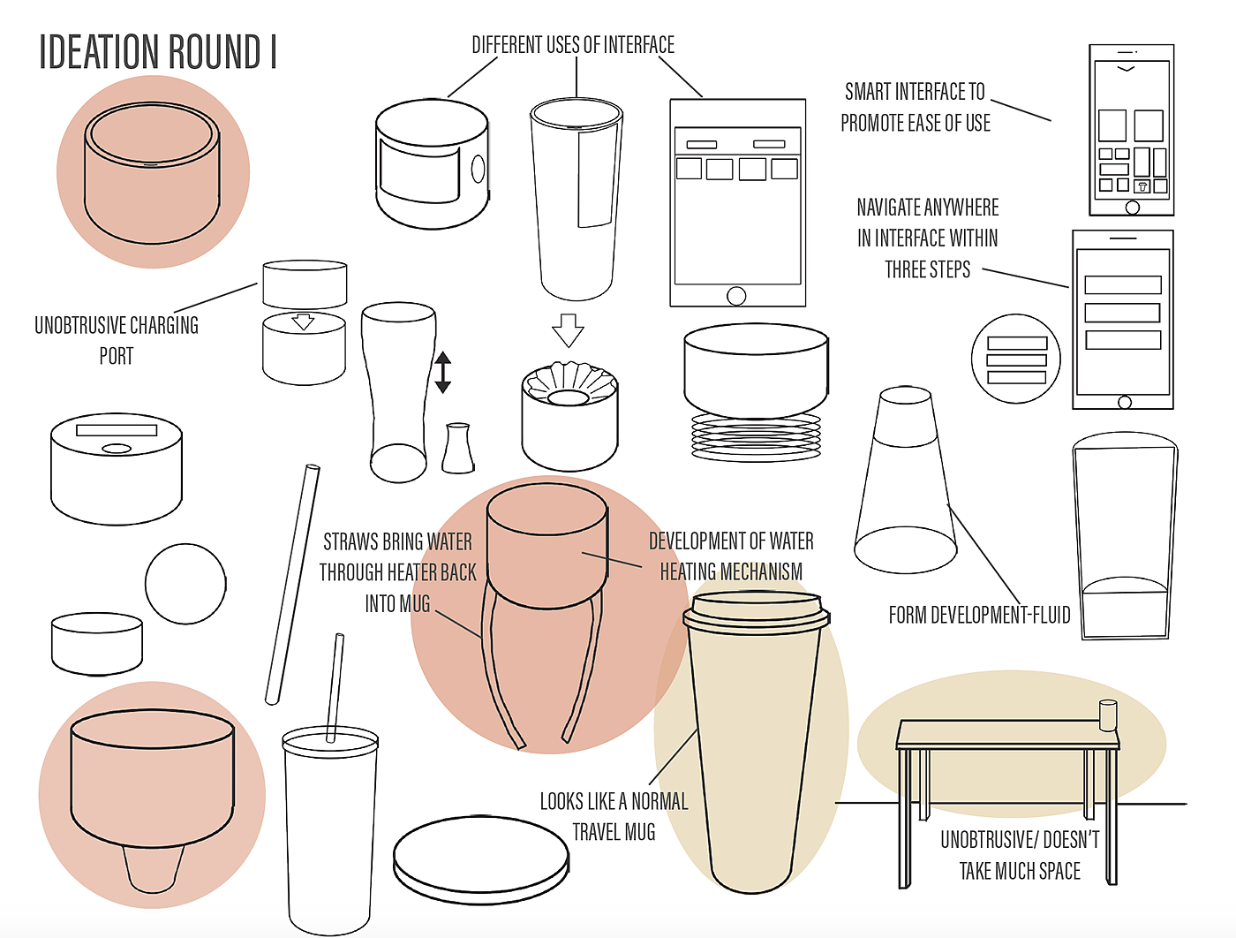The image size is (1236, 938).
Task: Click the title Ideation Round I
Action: (158, 52)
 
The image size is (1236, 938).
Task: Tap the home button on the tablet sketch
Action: (736, 295)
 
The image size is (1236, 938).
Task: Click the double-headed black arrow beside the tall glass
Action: (442, 373)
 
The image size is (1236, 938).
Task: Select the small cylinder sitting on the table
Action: (1108, 715)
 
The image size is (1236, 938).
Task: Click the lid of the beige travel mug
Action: (756, 611)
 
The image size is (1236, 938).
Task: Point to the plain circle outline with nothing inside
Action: (185, 584)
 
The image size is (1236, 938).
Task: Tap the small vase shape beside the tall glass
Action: (458, 449)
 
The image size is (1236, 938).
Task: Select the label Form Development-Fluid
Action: (979, 615)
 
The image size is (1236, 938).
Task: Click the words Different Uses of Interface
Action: (573, 45)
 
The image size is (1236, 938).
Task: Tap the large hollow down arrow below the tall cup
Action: (569, 330)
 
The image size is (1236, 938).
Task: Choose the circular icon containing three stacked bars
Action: (1016, 359)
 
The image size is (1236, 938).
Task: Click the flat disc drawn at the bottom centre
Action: (480, 860)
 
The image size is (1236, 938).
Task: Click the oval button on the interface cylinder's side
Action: (478, 169)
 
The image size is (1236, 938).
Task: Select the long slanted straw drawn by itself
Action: (292, 584)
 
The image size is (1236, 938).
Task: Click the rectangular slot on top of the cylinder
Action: (117, 430)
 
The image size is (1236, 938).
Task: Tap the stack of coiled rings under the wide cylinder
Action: (756, 436)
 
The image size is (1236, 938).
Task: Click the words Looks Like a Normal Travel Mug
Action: (614, 816)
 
